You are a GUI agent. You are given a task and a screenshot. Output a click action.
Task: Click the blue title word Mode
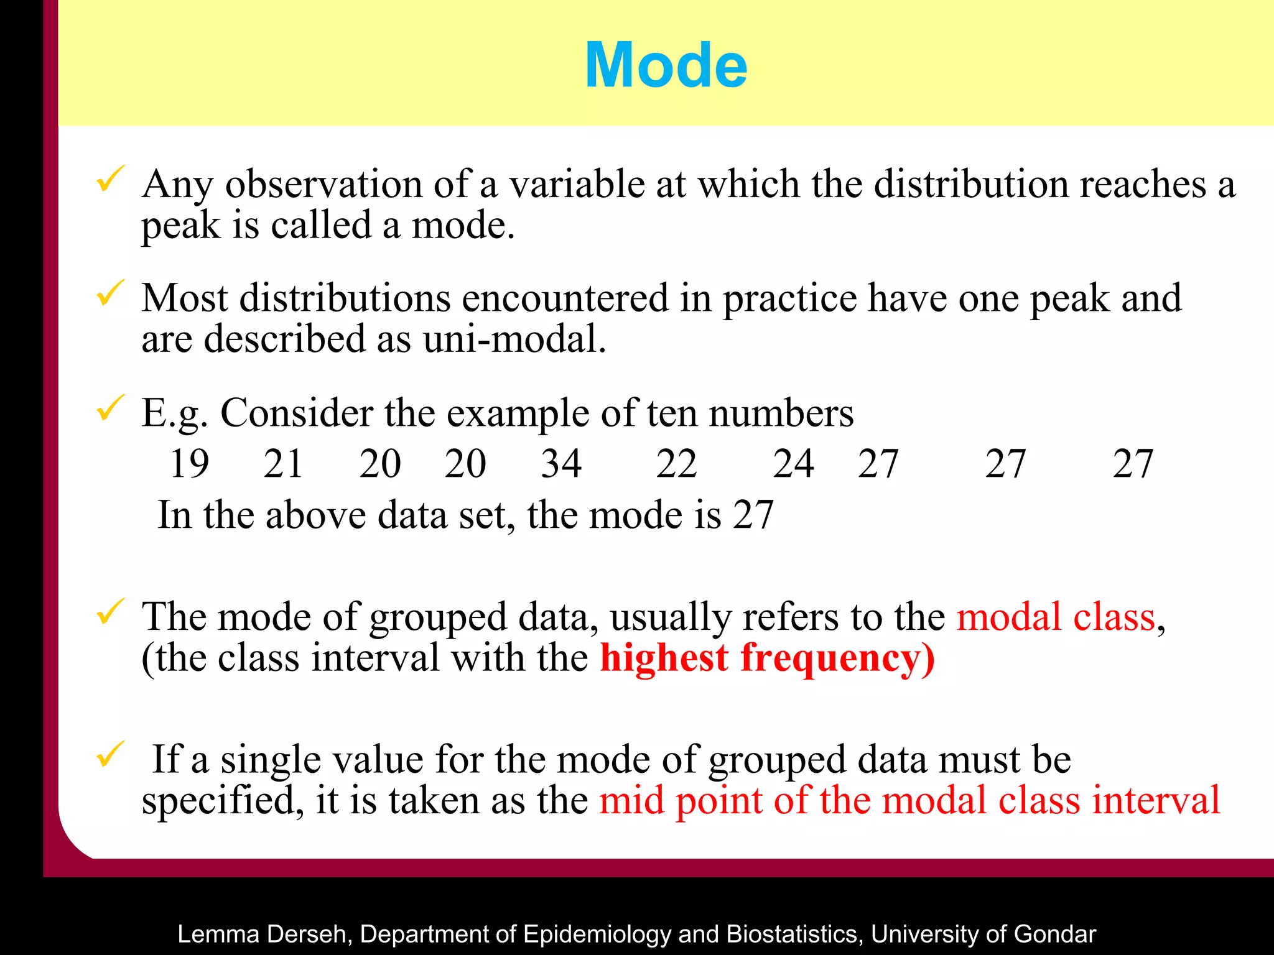666,65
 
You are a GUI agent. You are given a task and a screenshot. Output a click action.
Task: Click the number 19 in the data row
189,464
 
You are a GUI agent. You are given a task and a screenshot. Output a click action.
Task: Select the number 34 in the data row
561,464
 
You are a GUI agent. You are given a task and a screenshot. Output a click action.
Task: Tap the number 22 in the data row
677,464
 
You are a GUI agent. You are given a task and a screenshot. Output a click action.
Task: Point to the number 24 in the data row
793,464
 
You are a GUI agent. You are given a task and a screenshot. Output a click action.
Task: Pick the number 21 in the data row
283,464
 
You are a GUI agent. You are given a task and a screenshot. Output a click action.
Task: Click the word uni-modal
514,339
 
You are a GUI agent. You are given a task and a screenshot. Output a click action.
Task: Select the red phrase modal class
1056,617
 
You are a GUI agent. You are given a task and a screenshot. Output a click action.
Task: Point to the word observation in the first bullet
323,185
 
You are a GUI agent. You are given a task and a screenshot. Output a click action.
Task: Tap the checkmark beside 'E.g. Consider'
110,408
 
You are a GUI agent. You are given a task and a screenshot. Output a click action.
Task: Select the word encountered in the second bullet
565,298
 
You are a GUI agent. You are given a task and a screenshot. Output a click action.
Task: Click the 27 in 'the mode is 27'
753,515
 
